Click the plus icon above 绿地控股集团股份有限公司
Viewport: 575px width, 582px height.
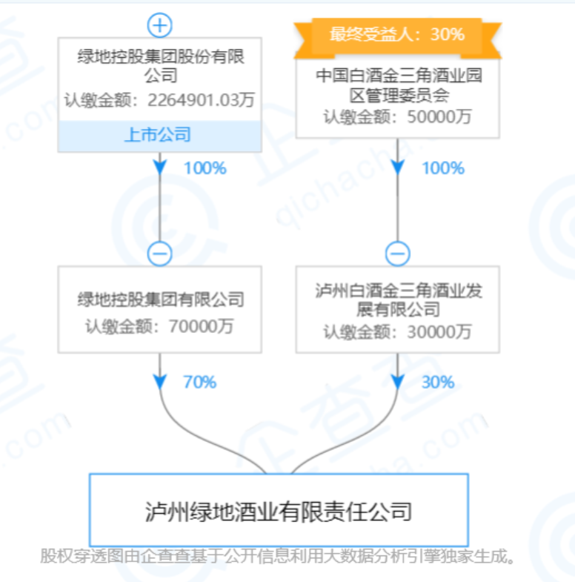(x=160, y=26)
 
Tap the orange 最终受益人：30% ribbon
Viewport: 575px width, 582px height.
(x=397, y=34)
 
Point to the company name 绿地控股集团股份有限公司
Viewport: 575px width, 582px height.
(x=161, y=65)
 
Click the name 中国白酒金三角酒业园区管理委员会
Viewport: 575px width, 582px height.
(x=398, y=85)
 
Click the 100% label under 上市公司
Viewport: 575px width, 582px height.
(x=205, y=168)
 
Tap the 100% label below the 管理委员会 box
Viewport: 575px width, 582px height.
(x=442, y=168)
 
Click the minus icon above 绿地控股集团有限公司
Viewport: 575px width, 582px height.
(x=160, y=254)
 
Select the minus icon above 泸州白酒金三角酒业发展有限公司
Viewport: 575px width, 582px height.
(x=398, y=254)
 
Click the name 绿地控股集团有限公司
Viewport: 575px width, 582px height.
(x=161, y=300)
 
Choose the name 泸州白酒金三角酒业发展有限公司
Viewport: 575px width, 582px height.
(x=398, y=300)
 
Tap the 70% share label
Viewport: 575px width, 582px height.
(x=199, y=383)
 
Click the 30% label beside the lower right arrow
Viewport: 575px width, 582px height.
(x=437, y=383)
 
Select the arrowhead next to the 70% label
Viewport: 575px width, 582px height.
(x=160, y=381)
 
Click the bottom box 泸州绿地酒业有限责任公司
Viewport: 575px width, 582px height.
(x=279, y=511)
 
